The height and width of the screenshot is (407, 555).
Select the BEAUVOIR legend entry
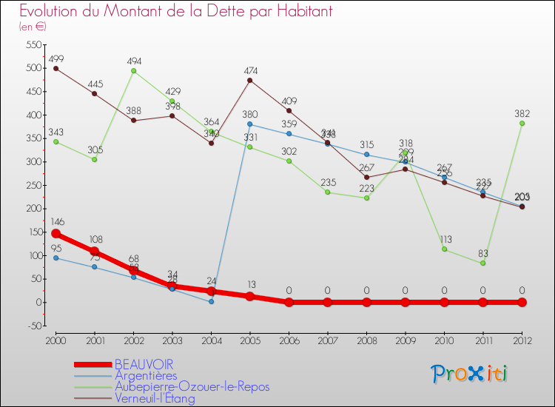pyautogui.click(x=144, y=365)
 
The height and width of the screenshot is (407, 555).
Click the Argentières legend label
pyautogui.click(x=146, y=376)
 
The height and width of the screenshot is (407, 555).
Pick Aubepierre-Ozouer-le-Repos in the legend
pyautogui.click(x=192, y=387)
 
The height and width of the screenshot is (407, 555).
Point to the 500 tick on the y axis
pyautogui.click(x=32, y=68)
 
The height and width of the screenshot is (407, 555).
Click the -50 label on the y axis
pyautogui.click(x=34, y=326)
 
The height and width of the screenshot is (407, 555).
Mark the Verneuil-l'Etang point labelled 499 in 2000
pyautogui.click(x=55, y=68)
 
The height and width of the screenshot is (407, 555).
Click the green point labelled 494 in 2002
pyautogui.click(x=133, y=71)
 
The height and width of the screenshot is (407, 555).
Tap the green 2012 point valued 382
pyautogui.click(x=522, y=124)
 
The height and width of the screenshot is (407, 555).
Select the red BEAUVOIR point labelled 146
pyautogui.click(x=55, y=234)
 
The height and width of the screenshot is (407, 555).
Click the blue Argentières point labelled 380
pyautogui.click(x=250, y=124)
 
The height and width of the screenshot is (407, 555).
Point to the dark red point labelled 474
pyautogui.click(x=250, y=80)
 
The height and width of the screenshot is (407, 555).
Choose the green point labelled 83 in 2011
pyautogui.click(x=482, y=263)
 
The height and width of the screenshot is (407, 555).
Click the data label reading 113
pyautogui.click(x=445, y=239)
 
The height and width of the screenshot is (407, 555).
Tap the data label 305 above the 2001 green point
pyautogui.click(x=94, y=149)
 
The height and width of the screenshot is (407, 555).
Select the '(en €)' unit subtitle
pyautogui.click(x=33, y=27)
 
